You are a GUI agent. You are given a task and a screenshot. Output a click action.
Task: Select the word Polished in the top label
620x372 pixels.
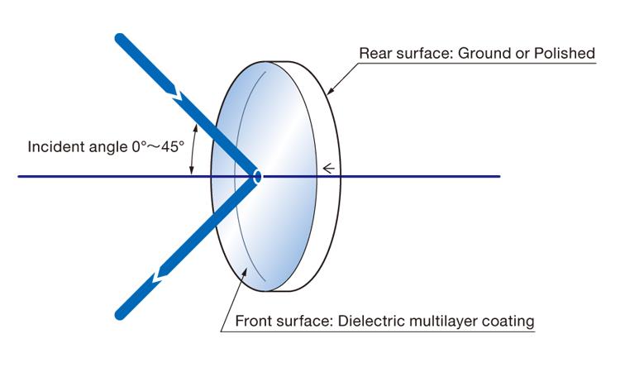tap(566, 54)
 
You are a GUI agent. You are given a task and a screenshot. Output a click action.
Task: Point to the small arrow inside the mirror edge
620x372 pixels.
tap(328, 169)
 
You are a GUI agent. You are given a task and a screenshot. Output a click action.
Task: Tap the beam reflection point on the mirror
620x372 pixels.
tap(258, 176)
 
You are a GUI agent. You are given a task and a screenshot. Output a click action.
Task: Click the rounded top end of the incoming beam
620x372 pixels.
tap(121, 38)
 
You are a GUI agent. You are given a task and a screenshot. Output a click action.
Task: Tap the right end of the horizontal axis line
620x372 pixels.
tap(499, 176)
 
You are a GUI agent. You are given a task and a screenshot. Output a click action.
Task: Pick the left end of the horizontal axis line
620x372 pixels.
tap(19, 176)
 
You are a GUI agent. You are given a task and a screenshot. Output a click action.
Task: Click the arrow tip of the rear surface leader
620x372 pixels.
tap(328, 93)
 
